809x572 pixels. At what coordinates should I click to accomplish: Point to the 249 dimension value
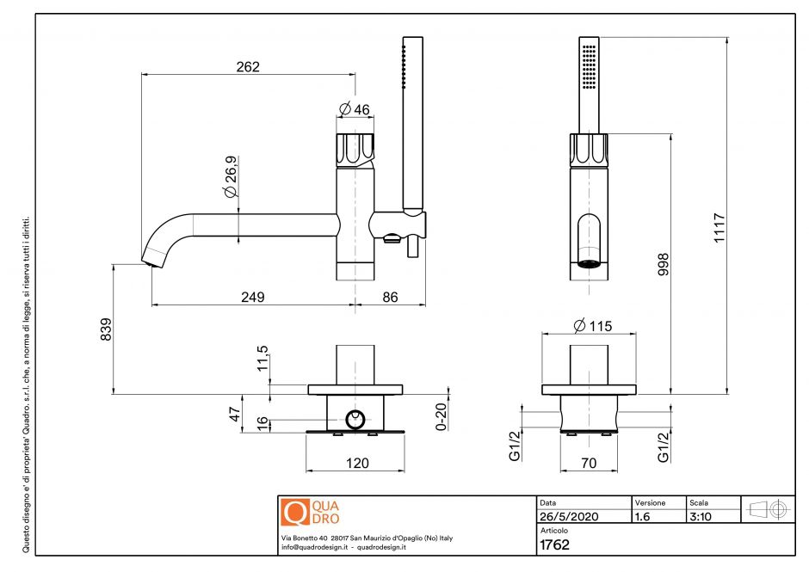[x=251, y=297]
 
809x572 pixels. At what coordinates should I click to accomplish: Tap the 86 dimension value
[x=390, y=297]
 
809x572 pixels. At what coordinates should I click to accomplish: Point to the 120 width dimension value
[x=355, y=464]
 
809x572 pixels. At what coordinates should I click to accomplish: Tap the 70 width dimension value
[x=589, y=464]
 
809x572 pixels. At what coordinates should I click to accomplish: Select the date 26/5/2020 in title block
[x=568, y=517]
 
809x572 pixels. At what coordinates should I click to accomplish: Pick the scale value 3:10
[x=701, y=517]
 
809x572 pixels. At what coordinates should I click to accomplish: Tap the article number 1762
[x=556, y=544]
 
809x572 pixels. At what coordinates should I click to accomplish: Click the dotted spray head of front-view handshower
[x=589, y=65]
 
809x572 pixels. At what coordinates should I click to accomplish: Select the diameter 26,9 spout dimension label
[x=231, y=179]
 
